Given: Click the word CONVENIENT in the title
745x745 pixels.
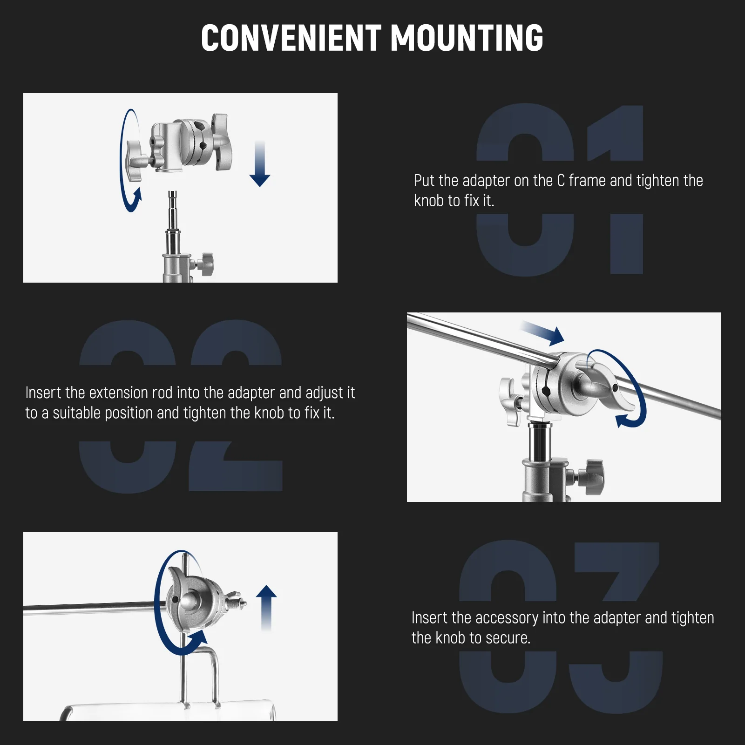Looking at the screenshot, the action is point(291,38).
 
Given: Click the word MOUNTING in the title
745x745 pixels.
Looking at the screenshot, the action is point(467,38).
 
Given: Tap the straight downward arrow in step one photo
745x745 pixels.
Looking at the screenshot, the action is point(260,164).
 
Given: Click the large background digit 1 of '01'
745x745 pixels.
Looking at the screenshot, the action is point(616,189).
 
